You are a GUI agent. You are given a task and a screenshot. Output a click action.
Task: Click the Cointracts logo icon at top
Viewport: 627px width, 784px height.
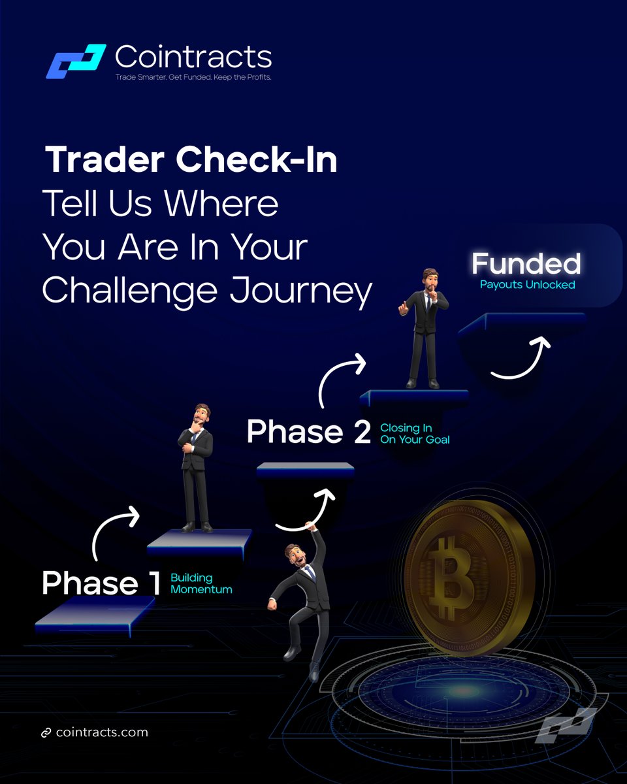pyautogui.click(x=75, y=61)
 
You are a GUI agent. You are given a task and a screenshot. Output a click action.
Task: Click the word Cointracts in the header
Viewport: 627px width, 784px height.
pyautogui.click(x=193, y=57)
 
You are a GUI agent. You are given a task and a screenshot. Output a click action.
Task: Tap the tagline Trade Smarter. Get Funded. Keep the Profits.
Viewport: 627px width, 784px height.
pyautogui.click(x=193, y=77)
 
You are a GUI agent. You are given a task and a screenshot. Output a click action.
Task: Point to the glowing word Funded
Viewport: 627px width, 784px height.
pyautogui.click(x=526, y=264)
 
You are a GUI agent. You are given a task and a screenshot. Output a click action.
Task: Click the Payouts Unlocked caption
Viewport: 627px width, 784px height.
pyautogui.click(x=527, y=285)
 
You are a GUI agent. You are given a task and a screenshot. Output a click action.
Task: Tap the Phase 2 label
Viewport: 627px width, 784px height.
pyautogui.click(x=308, y=433)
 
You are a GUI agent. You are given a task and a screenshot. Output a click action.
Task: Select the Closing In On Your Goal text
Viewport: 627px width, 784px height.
pyautogui.click(x=415, y=434)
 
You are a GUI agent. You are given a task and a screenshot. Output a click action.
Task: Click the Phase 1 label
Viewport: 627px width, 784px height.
pyautogui.click(x=101, y=583)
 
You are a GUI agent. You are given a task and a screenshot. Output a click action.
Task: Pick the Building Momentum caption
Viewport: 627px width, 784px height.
pyautogui.click(x=201, y=583)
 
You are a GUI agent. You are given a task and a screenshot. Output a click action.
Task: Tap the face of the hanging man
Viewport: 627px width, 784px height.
pyautogui.click(x=295, y=557)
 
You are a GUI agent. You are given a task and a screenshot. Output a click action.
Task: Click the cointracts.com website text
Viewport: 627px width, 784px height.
pyautogui.click(x=102, y=732)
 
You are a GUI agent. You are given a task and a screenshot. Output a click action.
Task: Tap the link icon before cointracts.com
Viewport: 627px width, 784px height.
pyautogui.click(x=46, y=733)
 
